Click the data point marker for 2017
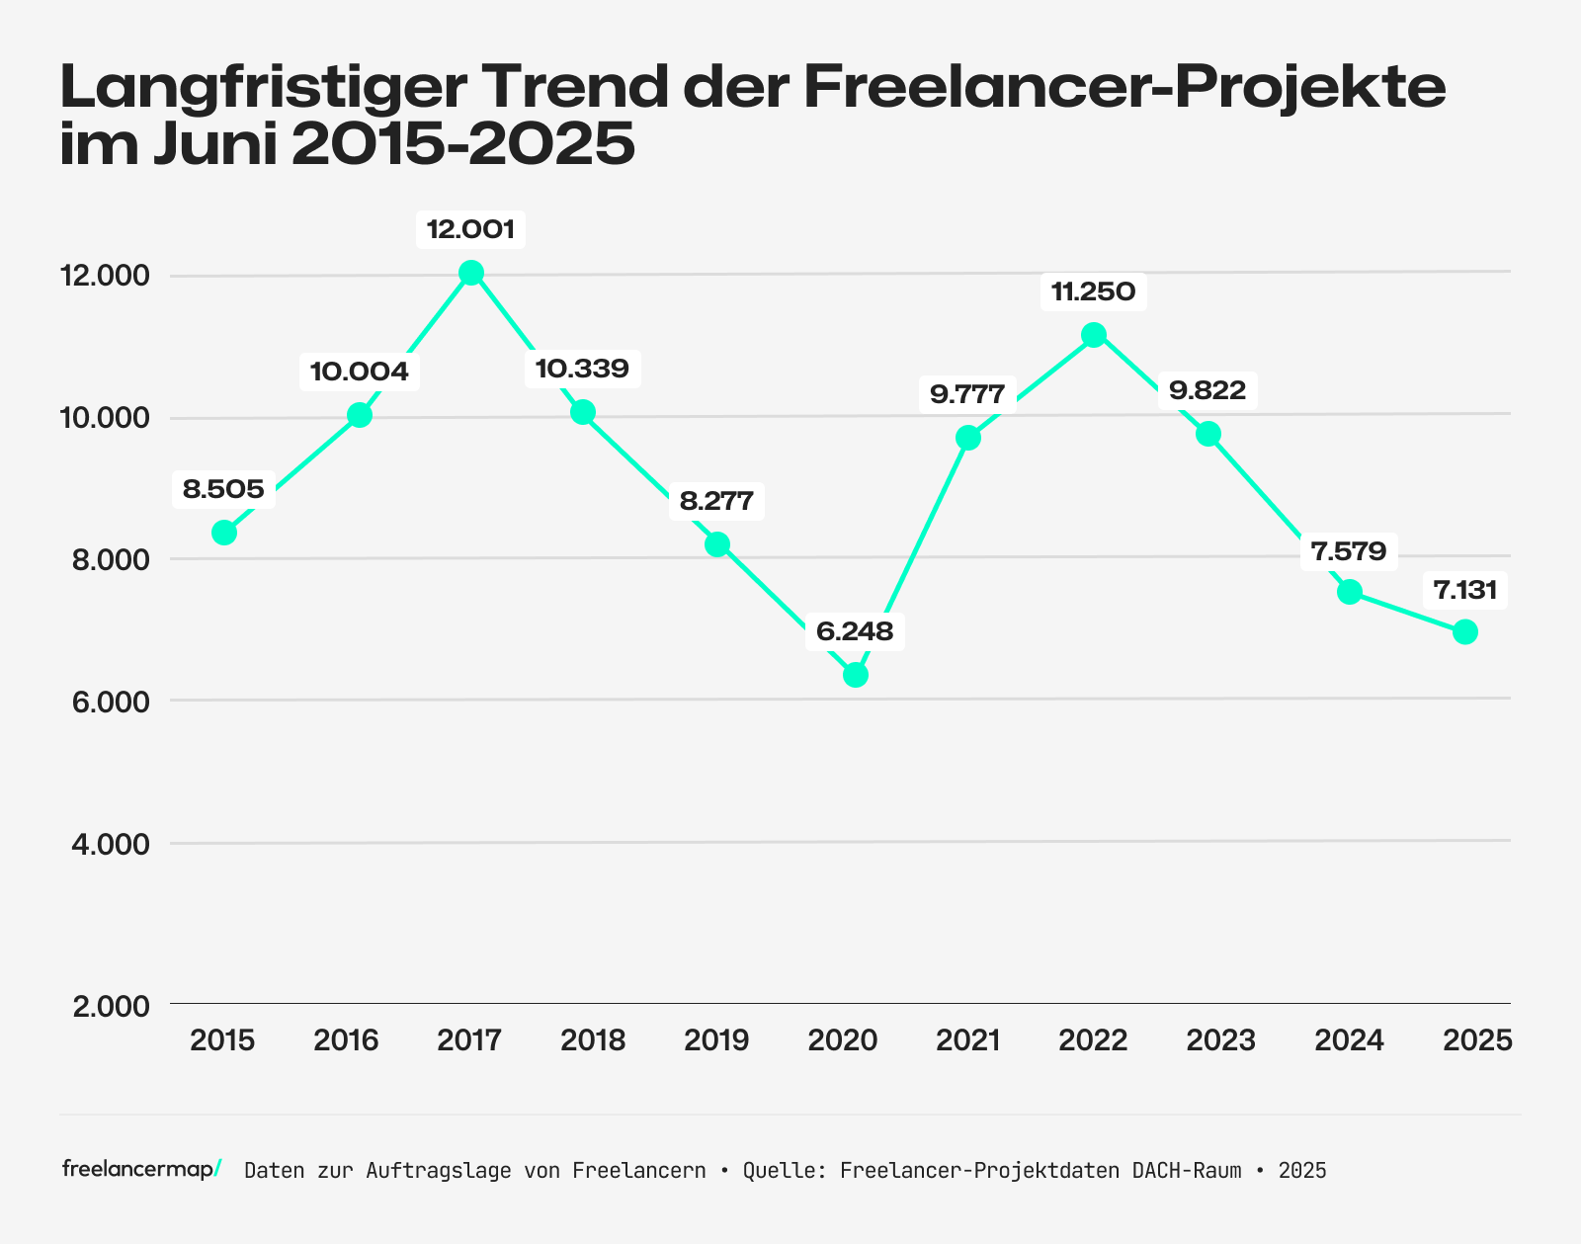(x=471, y=273)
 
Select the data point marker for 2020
(x=856, y=675)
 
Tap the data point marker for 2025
(x=1465, y=631)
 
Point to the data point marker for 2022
(x=1093, y=335)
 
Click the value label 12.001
(x=470, y=230)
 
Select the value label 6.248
(x=855, y=631)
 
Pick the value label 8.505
(x=223, y=489)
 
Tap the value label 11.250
(x=1093, y=292)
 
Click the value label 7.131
(x=1465, y=591)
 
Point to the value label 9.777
(x=967, y=395)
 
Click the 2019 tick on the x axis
(x=717, y=1040)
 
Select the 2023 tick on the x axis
(x=1220, y=1040)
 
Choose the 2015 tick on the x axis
(x=223, y=1040)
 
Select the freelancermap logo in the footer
(x=141, y=1170)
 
